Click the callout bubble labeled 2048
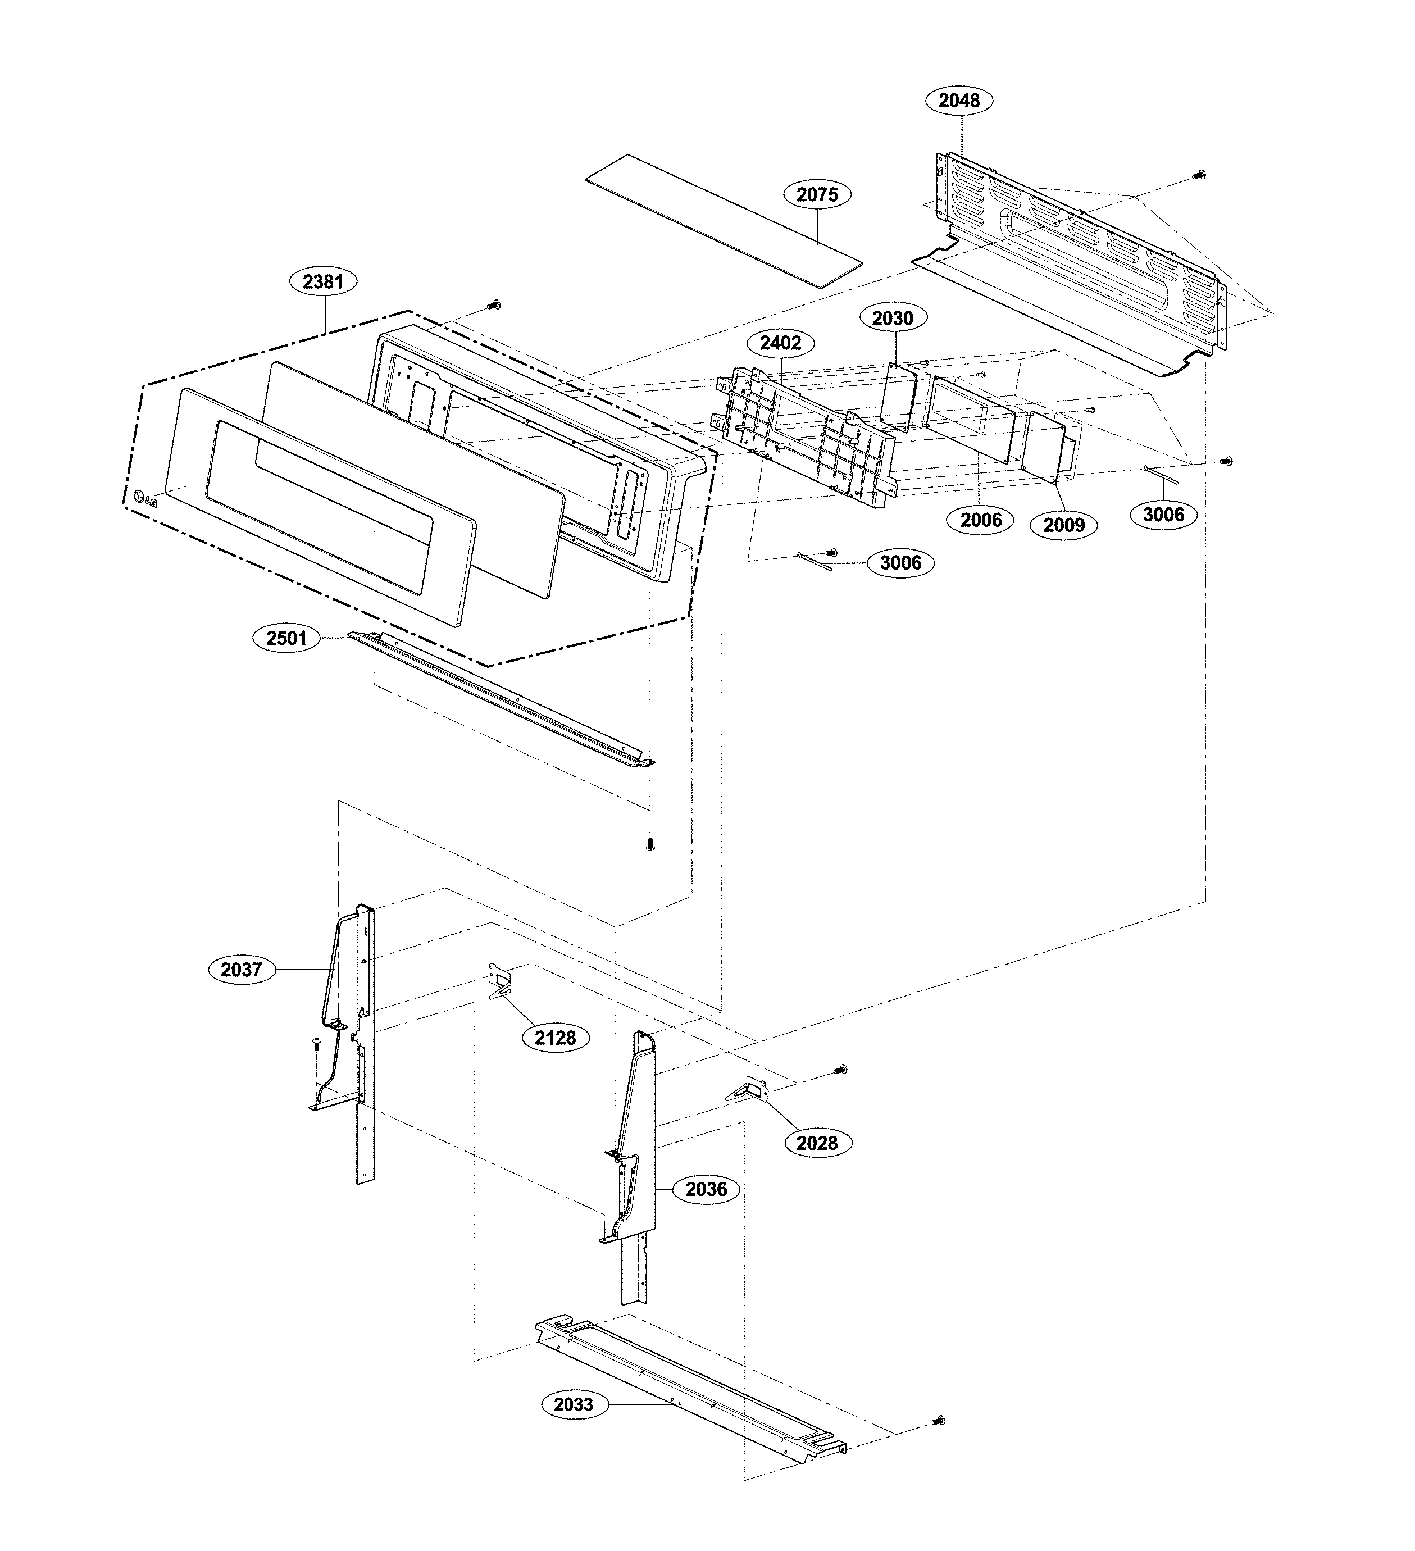pyautogui.click(x=959, y=101)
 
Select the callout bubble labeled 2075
pyautogui.click(x=817, y=194)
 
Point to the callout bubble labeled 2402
pyautogui.click(x=780, y=343)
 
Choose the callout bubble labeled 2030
pyautogui.click(x=893, y=318)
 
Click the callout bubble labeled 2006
pyautogui.click(x=981, y=520)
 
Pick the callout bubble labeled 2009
pyautogui.click(x=1063, y=525)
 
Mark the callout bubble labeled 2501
pyautogui.click(x=286, y=638)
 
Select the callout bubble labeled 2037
pyautogui.click(x=242, y=970)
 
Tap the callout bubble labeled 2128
pyautogui.click(x=555, y=1038)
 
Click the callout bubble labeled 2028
pyautogui.click(x=816, y=1143)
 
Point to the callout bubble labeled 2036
pyautogui.click(x=706, y=1189)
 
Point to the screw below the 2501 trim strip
pyautogui.click(x=650, y=845)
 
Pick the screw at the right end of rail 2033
pyautogui.click(x=938, y=1420)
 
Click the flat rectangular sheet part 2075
pyautogui.click(x=724, y=221)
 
